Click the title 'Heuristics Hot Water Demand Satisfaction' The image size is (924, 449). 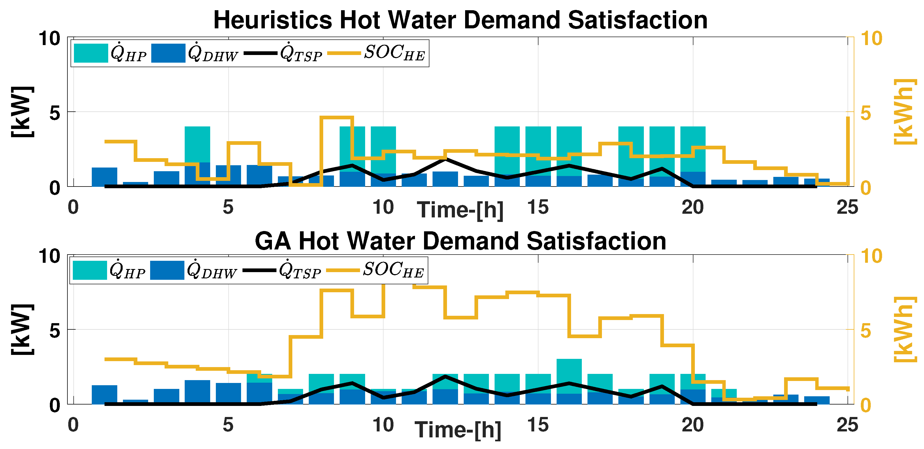[x=460, y=20]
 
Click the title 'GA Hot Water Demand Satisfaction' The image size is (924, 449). [x=460, y=241]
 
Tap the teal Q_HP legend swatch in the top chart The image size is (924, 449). [x=91, y=53]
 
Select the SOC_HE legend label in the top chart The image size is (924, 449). [x=395, y=53]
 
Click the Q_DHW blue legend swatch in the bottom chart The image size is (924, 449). [x=167, y=270]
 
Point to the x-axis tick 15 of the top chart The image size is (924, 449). [x=538, y=207]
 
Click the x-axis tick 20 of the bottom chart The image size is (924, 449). [x=693, y=425]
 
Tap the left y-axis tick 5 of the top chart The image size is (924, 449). [x=55, y=113]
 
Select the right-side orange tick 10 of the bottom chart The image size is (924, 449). [x=871, y=256]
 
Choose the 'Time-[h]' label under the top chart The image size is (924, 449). [x=460, y=210]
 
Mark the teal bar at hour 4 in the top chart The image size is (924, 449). [x=197, y=144]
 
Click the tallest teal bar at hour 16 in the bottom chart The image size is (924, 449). [x=569, y=376]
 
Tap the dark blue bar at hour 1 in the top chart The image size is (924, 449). [x=104, y=177]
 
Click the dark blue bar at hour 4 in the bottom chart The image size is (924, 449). [x=197, y=392]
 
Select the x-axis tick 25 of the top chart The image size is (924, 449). [x=848, y=207]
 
